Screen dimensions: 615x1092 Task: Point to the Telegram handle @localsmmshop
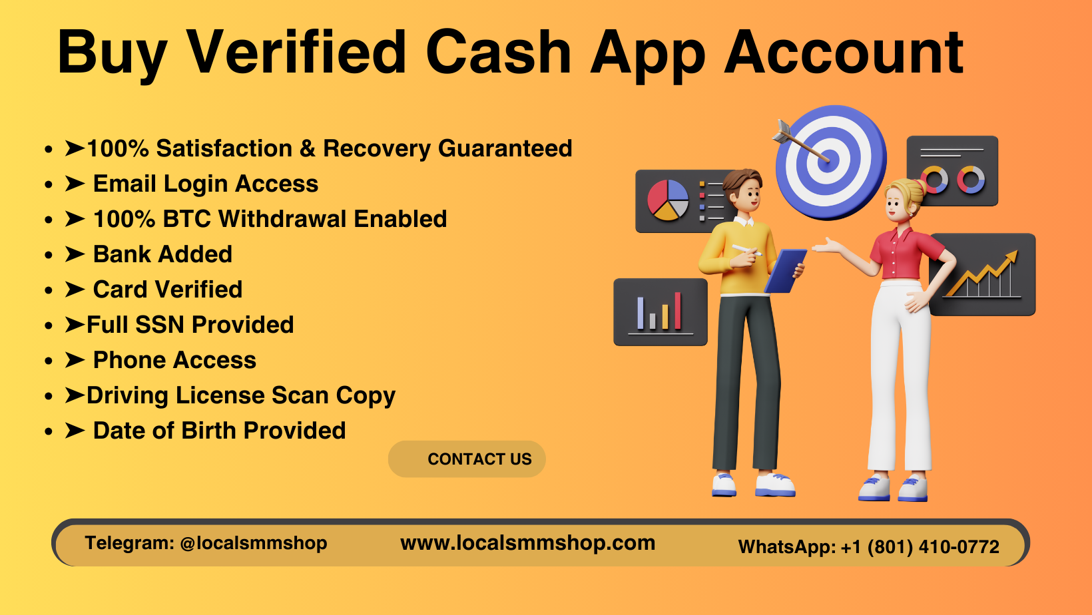[x=253, y=543]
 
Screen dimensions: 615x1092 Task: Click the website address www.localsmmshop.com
[x=527, y=543]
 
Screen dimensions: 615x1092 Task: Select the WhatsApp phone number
[x=920, y=547]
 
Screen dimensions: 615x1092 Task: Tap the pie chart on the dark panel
[x=668, y=200]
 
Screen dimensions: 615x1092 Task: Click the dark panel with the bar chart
[x=660, y=312]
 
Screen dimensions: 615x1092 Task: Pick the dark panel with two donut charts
[x=952, y=170]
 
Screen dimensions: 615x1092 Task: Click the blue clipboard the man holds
[x=786, y=270]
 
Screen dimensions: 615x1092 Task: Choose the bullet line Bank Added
[x=162, y=254]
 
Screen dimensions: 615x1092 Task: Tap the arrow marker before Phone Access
[x=75, y=360]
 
